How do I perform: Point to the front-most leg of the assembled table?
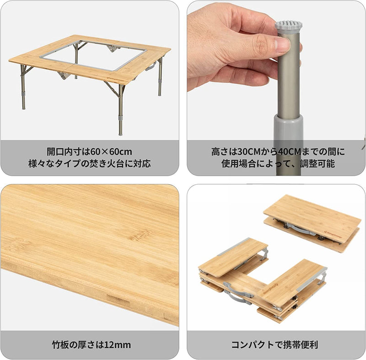pos(120,110)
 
